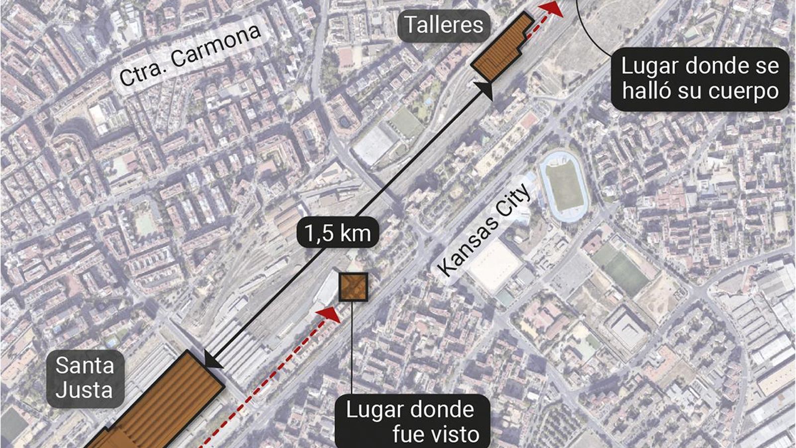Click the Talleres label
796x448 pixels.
click(x=443, y=25)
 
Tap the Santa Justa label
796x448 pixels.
click(x=84, y=378)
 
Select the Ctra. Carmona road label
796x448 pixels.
click(x=190, y=55)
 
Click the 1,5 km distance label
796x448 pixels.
click(x=338, y=233)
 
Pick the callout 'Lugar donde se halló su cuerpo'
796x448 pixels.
click(x=700, y=79)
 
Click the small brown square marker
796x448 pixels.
click(x=353, y=287)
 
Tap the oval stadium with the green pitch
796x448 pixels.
click(x=564, y=186)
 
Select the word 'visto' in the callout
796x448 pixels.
click(x=436, y=434)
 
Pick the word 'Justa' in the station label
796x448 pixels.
click(x=84, y=390)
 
